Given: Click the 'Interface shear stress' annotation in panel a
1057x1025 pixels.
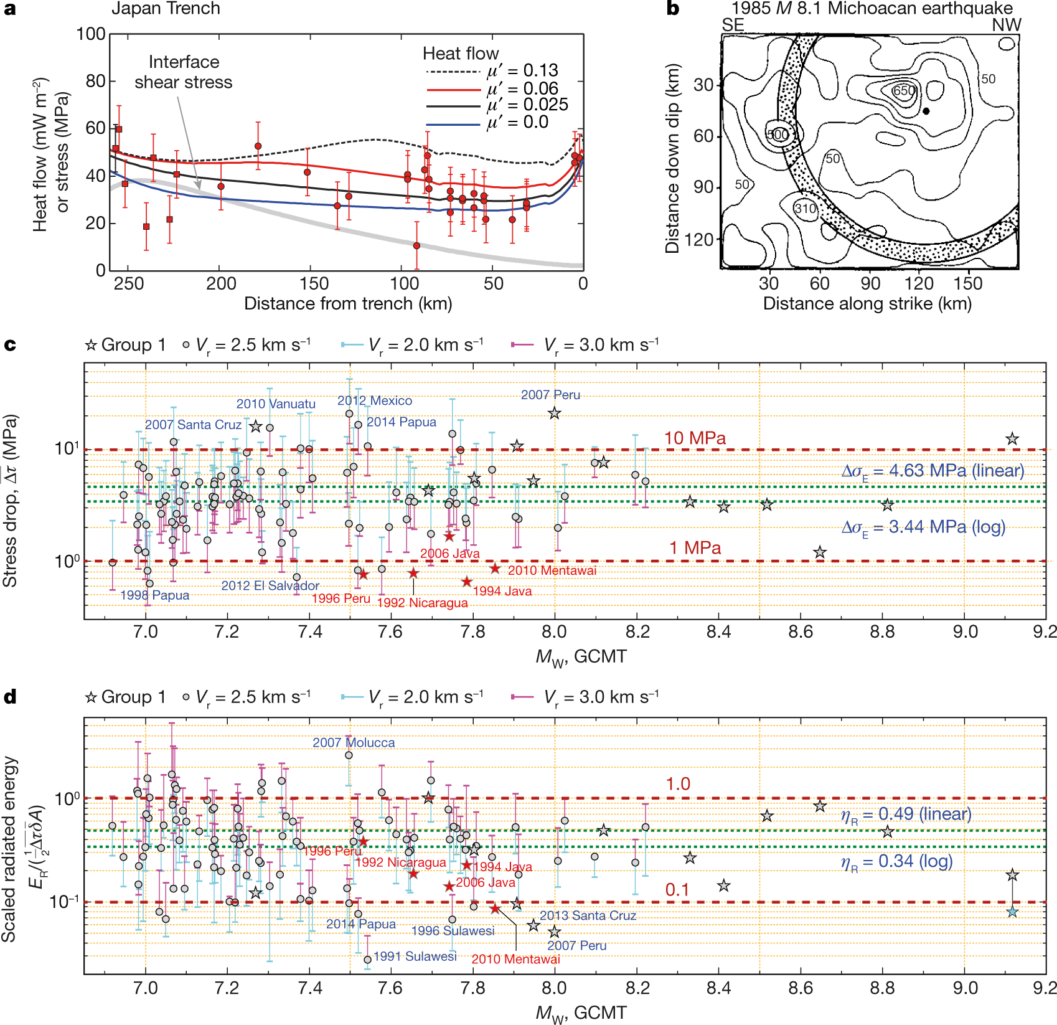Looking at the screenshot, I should pyautogui.click(x=184, y=72).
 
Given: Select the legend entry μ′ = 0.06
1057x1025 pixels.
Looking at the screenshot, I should pyautogui.click(x=523, y=88).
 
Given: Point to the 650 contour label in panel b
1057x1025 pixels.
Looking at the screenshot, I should pyautogui.click(x=904, y=91).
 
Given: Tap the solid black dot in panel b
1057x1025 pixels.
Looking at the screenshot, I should pyautogui.click(x=926, y=111).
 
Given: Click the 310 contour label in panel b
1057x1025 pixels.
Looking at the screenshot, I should pyautogui.click(x=806, y=209).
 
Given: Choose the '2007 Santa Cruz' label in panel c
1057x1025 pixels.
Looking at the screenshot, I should pyautogui.click(x=193, y=425).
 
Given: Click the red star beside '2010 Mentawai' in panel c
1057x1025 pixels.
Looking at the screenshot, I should pyautogui.click(x=495, y=569).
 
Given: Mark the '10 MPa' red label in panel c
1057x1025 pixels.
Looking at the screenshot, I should pyautogui.click(x=695, y=438).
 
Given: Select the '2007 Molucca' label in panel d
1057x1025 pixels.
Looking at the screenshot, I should pyautogui.click(x=354, y=742).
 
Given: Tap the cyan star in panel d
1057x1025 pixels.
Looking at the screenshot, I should pyautogui.click(x=1012, y=912).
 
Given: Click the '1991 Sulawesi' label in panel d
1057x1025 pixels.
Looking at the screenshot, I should pyautogui.click(x=415, y=956).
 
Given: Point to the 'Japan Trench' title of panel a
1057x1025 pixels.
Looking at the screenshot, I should pyautogui.click(x=166, y=9).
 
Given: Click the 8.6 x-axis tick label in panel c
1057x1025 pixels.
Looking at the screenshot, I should pyautogui.click(x=801, y=632).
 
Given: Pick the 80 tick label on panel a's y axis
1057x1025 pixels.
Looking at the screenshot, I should pyautogui.click(x=95, y=81).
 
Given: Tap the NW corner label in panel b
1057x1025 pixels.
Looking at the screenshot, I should pyautogui.click(x=1006, y=25).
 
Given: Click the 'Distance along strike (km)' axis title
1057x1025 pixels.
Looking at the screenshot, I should pyautogui.click(x=867, y=303).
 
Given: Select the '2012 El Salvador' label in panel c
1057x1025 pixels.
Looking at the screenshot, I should pyautogui.click(x=270, y=585).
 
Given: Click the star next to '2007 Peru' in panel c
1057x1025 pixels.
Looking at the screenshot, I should pyautogui.click(x=555, y=413).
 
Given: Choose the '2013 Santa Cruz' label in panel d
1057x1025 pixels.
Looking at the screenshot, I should pyautogui.click(x=588, y=915).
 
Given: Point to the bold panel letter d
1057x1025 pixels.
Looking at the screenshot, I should pyautogui.click(x=10, y=697).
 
